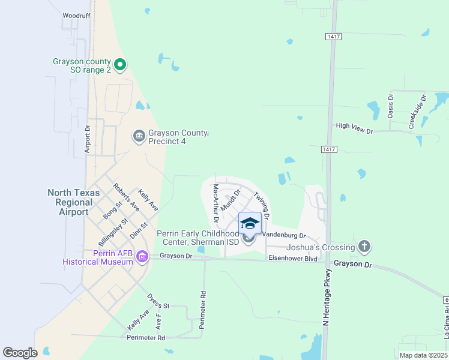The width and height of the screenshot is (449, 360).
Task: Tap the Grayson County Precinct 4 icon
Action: (x=139, y=137)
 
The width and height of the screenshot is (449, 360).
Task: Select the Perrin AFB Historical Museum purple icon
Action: (x=142, y=257)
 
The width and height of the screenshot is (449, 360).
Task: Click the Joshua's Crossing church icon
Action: (x=364, y=246)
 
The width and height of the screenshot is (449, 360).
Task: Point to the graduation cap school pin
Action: (x=250, y=224)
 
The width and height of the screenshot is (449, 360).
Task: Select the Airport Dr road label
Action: (x=87, y=139)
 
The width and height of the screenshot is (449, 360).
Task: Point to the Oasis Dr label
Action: (x=391, y=105)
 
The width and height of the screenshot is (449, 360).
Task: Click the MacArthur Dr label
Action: (x=216, y=204)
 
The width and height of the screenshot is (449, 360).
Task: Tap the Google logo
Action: (x=20, y=353)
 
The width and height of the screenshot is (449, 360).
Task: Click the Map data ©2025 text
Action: (x=423, y=355)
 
